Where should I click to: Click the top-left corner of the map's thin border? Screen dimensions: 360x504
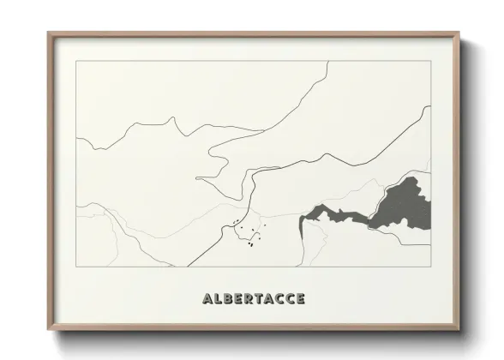click(76, 61)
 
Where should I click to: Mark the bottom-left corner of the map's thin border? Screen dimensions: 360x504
click(76, 266)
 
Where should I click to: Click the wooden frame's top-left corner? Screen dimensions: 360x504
click(49, 33)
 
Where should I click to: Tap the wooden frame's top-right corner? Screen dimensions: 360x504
click(459, 33)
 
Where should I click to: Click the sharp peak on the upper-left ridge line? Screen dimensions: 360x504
click(176, 121)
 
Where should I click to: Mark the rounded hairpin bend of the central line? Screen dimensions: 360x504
click(198, 178)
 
